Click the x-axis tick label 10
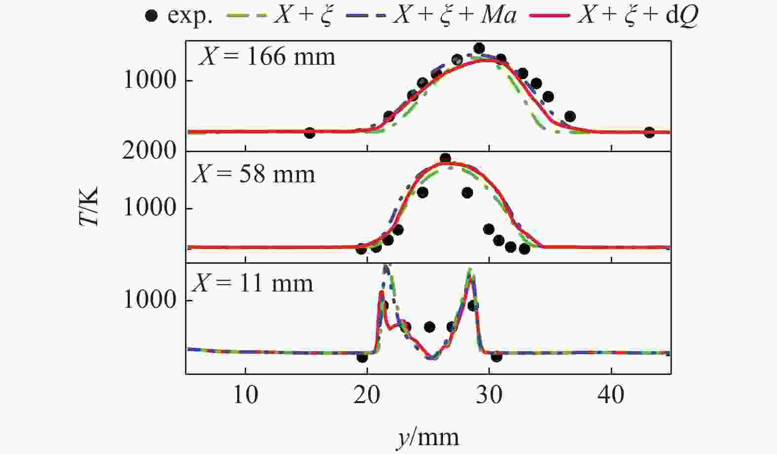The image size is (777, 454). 245,395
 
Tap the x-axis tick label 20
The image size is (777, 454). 367,395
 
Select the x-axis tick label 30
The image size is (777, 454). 489,395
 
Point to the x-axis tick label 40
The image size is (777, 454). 611,395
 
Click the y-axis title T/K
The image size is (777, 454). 89,206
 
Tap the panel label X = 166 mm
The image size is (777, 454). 266,56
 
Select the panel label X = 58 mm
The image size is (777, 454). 254,174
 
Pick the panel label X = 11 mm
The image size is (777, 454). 252,284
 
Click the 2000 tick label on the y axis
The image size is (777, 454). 149,150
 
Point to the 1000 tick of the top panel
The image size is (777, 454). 149,80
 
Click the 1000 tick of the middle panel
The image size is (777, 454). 149,207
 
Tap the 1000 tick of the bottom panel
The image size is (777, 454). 149,300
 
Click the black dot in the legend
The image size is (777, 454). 152,16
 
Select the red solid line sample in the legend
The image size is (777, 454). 550,16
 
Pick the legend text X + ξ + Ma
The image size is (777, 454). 454,16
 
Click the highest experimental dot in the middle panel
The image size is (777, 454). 445,159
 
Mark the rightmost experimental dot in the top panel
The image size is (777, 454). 649,132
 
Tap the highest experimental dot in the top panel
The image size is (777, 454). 479,48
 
